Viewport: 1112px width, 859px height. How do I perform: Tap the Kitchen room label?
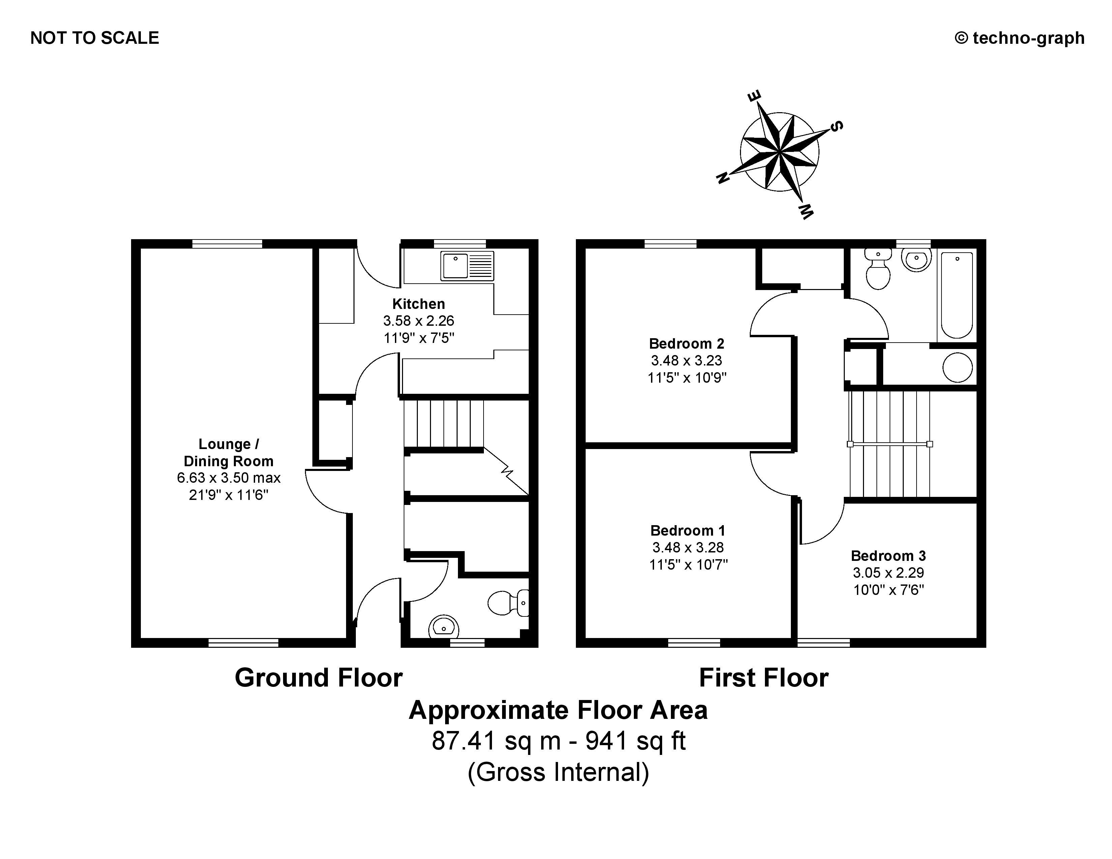pyautogui.click(x=419, y=304)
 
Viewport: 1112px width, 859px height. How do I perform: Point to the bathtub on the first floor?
pyautogui.click(x=957, y=295)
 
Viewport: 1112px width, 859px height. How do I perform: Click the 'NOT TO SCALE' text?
pyautogui.click(x=95, y=38)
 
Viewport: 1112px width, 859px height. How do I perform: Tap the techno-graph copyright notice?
pyautogui.click(x=1020, y=38)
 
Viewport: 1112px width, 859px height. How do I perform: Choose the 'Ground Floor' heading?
pyautogui.click(x=319, y=678)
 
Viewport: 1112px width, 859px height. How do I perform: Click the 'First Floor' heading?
pyautogui.click(x=764, y=678)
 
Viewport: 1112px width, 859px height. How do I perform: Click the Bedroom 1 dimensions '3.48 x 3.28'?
pyautogui.click(x=688, y=547)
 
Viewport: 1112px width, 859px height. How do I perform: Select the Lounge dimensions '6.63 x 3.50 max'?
pyautogui.click(x=228, y=478)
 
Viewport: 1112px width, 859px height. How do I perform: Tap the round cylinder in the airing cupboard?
pyautogui.click(x=957, y=367)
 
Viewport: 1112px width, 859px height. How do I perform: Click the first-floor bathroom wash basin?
pyautogui.click(x=917, y=259)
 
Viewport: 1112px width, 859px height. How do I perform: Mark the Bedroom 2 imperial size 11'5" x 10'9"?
pyautogui.click(x=687, y=378)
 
